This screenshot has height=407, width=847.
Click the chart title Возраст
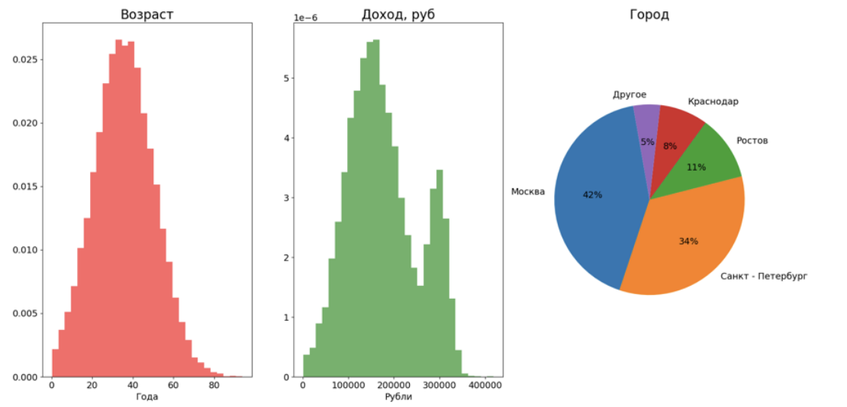[x=147, y=14]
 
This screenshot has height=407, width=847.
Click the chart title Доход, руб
[x=398, y=14]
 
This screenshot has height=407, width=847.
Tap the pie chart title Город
[x=649, y=14]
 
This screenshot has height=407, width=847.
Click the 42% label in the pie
[x=592, y=195]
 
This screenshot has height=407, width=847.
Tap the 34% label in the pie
[x=688, y=242]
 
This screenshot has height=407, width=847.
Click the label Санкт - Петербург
[x=763, y=276]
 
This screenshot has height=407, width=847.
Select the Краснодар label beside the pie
[x=713, y=101]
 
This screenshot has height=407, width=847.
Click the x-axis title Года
[x=147, y=397]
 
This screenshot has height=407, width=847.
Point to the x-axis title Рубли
[x=398, y=397]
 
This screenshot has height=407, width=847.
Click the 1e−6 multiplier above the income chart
[x=305, y=17]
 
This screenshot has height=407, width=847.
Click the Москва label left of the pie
[x=528, y=192]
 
